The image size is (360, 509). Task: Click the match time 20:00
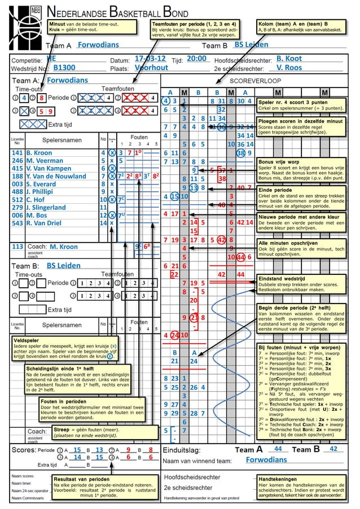[196, 59]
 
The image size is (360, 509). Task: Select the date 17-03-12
[150, 59]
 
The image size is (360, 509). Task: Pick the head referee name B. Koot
[289, 59]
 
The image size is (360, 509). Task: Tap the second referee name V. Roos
[289, 68]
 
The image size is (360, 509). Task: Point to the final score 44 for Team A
[278, 449]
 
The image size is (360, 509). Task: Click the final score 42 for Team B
[333, 449]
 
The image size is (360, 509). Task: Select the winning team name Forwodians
[266, 460]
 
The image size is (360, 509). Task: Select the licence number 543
[17, 223]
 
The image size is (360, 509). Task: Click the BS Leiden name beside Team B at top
[251, 45]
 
